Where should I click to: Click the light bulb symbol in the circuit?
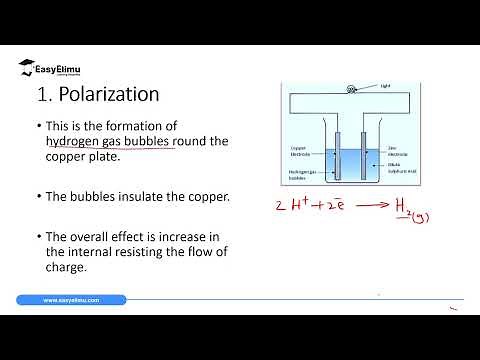point(351,87)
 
